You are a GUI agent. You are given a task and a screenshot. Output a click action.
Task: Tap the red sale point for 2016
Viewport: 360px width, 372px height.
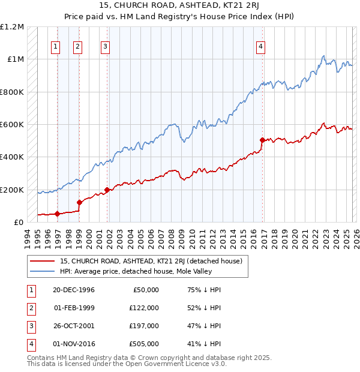click(262, 140)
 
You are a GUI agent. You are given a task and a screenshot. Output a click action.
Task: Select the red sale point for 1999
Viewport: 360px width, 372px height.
click(79, 202)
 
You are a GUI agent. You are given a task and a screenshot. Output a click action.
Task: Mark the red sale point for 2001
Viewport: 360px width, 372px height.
click(107, 190)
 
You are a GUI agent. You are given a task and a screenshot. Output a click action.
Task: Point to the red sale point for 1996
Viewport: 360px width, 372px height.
click(58, 214)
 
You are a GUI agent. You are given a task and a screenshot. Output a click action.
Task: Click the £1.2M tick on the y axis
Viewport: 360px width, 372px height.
click(12, 27)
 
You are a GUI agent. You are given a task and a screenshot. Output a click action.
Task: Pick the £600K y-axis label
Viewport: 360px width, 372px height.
click(12, 125)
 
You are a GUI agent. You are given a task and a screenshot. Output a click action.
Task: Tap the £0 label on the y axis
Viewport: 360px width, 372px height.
click(18, 223)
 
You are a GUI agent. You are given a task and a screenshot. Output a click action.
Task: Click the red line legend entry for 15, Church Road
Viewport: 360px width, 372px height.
click(151, 261)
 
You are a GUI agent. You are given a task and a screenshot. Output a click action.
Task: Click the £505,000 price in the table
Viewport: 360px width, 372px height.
click(144, 344)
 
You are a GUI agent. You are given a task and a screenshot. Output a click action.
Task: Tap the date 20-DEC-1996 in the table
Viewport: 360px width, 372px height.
click(74, 290)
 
